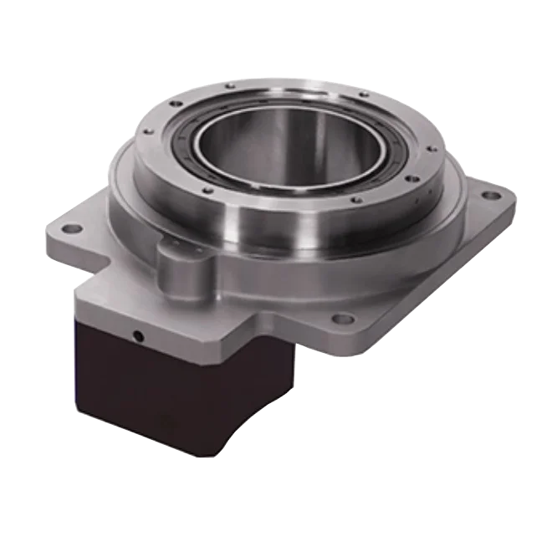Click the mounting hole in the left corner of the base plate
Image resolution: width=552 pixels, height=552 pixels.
70,227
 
